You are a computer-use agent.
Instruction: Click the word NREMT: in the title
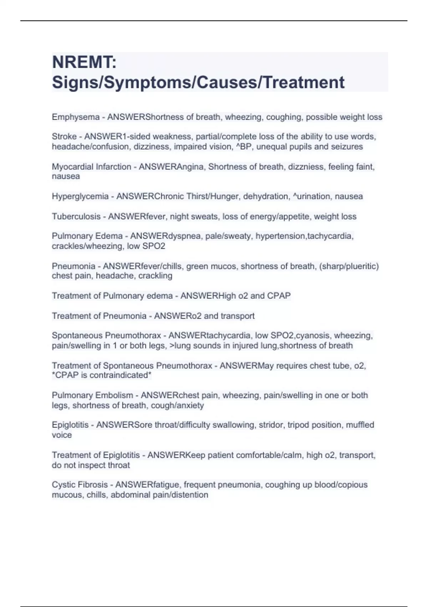click(x=84, y=62)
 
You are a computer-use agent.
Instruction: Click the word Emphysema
click(x=76, y=117)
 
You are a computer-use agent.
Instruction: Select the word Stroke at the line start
click(x=64, y=137)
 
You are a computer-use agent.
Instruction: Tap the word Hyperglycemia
click(x=80, y=196)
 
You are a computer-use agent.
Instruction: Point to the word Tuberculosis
click(x=76, y=216)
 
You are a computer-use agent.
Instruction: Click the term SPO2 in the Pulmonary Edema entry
click(x=154, y=246)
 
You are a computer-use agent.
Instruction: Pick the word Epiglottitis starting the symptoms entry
click(x=70, y=425)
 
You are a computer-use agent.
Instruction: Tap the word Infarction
click(x=112, y=167)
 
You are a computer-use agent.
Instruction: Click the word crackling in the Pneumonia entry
click(x=155, y=276)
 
